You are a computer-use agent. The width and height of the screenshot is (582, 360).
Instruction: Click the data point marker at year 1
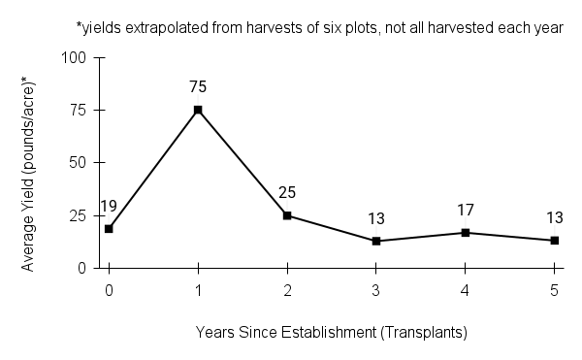(x=198, y=110)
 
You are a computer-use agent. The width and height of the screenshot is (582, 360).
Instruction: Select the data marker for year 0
(x=109, y=229)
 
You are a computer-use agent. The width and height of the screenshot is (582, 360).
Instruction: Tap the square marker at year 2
(x=287, y=215)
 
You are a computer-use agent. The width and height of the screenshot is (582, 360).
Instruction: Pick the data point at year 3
(x=376, y=241)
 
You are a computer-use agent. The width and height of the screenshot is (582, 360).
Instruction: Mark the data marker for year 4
(x=466, y=232)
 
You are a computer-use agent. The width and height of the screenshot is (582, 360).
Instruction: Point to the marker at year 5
(x=555, y=240)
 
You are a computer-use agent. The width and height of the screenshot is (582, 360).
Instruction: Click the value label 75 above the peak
(x=198, y=86)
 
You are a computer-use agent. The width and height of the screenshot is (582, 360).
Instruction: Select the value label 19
(x=109, y=207)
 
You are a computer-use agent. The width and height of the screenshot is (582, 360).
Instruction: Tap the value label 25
(x=287, y=193)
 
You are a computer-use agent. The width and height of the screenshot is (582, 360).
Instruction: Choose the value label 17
(x=466, y=210)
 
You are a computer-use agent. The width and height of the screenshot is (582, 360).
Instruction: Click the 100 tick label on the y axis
(x=78, y=57)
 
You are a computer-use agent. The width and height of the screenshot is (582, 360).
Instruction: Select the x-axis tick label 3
(x=376, y=289)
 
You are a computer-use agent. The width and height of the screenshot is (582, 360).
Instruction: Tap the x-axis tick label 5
(x=555, y=289)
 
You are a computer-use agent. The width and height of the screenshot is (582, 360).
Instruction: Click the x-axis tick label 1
(x=198, y=289)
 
